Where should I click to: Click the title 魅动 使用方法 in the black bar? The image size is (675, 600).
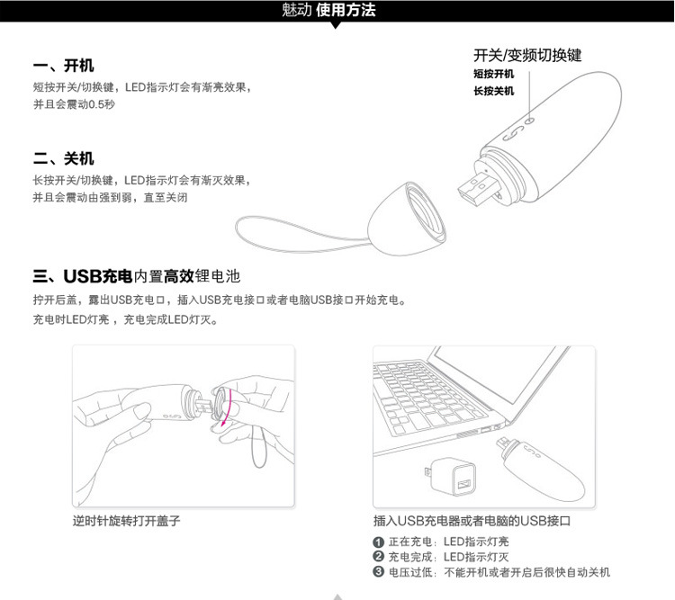(x=328, y=10)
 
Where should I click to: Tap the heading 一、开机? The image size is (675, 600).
(x=63, y=66)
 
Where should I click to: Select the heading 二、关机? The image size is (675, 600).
(x=63, y=158)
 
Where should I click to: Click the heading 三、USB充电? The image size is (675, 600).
(x=83, y=276)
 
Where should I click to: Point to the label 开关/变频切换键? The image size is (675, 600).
(x=527, y=55)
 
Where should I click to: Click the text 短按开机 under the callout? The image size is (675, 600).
(x=494, y=74)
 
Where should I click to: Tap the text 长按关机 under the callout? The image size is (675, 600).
(x=494, y=91)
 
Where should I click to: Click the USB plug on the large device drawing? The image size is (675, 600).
(x=478, y=189)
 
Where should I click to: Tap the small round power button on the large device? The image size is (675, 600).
(x=530, y=121)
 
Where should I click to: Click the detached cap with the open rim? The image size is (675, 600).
(x=405, y=219)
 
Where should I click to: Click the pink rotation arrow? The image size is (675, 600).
(x=229, y=408)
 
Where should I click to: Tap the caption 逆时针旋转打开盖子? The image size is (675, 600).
(x=127, y=521)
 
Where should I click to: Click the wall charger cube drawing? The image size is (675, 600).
(x=451, y=477)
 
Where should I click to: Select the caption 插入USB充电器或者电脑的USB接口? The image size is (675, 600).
(x=472, y=521)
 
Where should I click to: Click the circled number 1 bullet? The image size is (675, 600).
(x=378, y=542)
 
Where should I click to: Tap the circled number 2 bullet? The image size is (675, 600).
(x=378, y=557)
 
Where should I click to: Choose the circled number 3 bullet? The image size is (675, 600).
(x=378, y=572)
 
